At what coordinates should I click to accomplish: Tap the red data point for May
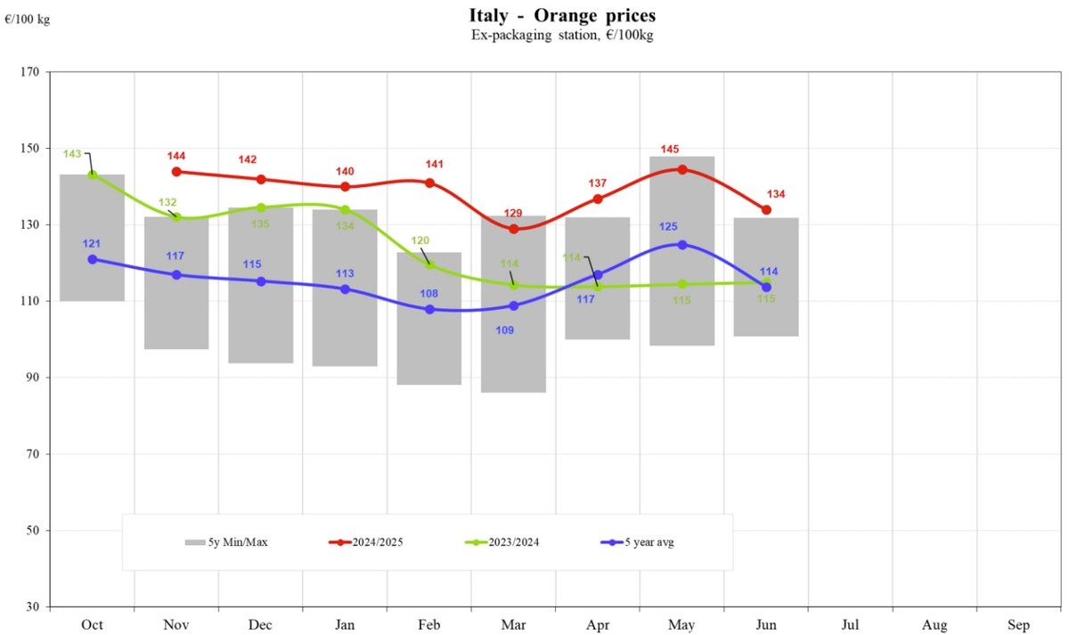[x=682, y=169]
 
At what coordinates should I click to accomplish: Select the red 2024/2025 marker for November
[x=176, y=172]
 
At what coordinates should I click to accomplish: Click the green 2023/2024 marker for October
[x=93, y=175]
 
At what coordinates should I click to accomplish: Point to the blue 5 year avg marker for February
[x=429, y=309]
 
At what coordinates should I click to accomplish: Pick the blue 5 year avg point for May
[x=682, y=244]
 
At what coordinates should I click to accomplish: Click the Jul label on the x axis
[x=850, y=625]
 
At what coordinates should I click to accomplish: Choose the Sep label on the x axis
[x=1018, y=625]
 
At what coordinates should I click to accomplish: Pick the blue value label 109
[x=503, y=330]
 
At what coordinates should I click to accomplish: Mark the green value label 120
[x=419, y=241]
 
